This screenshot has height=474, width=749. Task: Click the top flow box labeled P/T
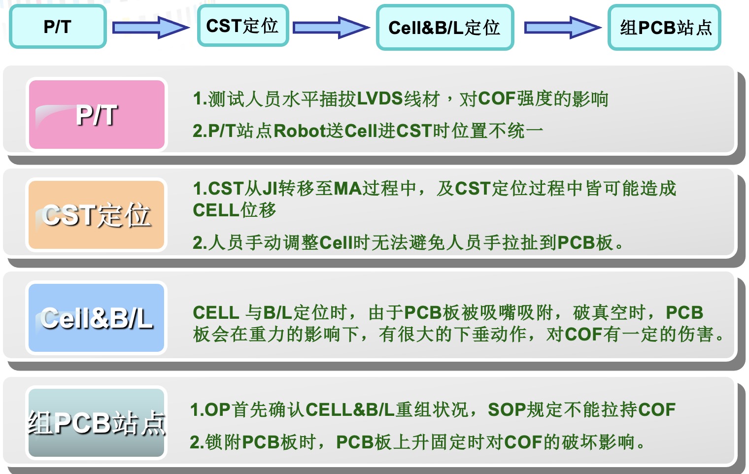58,27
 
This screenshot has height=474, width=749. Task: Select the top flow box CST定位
242,26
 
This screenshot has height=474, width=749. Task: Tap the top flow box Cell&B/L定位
444,28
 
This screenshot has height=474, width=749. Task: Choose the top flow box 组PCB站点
664,28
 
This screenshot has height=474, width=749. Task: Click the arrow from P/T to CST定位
150,27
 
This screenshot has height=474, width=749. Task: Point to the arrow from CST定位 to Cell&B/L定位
331,27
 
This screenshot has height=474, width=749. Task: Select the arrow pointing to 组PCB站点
562,27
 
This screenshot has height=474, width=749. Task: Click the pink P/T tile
97,114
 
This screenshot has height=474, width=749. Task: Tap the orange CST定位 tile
97,215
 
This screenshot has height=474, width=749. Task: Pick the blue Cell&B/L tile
97,318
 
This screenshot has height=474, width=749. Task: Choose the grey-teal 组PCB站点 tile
97,423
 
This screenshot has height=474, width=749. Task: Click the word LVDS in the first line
380,99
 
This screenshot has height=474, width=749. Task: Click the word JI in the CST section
270,188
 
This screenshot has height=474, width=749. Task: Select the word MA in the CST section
348,188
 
